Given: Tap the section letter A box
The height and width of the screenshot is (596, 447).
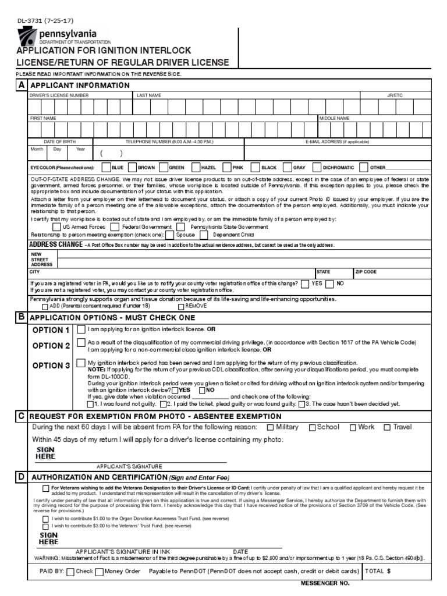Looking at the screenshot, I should pyautogui.click(x=22, y=85).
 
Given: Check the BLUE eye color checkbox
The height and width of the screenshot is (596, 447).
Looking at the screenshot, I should pyautogui.click(x=105, y=167).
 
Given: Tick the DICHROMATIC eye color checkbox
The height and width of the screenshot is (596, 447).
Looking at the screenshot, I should pyautogui.click(x=317, y=167).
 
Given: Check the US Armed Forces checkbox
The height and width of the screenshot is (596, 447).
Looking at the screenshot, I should pyautogui.click(x=56, y=227).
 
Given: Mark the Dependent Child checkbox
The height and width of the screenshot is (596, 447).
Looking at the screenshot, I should pyautogui.click(x=204, y=235).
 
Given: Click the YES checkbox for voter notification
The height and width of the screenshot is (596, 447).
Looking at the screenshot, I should pyautogui.click(x=305, y=284).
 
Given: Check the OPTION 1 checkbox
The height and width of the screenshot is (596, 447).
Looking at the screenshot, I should pyautogui.click(x=81, y=329).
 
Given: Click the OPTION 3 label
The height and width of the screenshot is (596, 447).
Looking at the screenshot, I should pyautogui.click(x=51, y=366).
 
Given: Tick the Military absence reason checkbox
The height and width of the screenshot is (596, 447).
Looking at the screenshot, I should pyautogui.click(x=270, y=427).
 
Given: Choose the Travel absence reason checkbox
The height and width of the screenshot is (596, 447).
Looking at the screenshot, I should pyautogui.click(x=387, y=427).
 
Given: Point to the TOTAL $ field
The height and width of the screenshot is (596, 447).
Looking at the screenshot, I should pyautogui.click(x=396, y=571).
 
